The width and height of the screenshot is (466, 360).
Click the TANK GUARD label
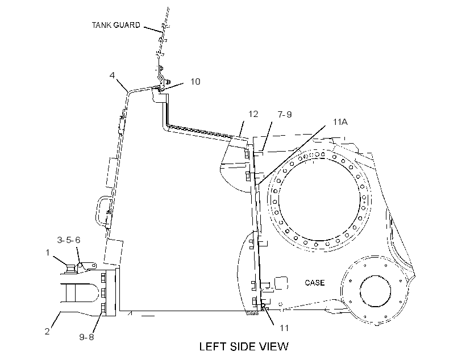(116, 25)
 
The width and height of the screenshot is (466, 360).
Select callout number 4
(112, 75)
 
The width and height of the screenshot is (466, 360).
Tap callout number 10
(195, 81)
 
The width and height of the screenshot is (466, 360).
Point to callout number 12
(253, 114)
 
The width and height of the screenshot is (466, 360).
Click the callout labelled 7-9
(285, 114)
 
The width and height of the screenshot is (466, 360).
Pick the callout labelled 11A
(340, 122)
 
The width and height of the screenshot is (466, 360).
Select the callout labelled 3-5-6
(69, 240)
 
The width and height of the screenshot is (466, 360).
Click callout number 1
(47, 253)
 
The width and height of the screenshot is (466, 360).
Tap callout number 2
(47, 331)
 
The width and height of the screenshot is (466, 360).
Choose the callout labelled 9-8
(86, 337)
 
